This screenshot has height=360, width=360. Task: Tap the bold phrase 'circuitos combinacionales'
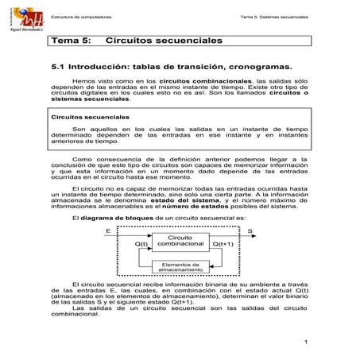[x=204, y=81]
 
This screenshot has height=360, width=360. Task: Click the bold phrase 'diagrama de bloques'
[x=113, y=219]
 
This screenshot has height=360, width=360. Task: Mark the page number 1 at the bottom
[x=305, y=343]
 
